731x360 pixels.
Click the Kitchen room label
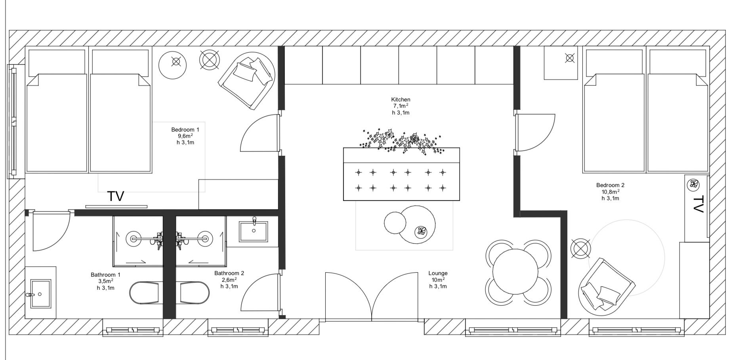pos(401,100)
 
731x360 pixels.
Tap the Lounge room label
pos(438,273)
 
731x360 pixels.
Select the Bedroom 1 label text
pos(185,130)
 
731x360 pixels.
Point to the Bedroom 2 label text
pos(610,185)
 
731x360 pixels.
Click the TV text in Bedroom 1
pos(116,196)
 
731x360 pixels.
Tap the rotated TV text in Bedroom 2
pos(698,204)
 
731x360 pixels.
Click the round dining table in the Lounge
pos(515,272)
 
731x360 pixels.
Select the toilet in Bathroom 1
pos(146,293)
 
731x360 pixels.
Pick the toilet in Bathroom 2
pos(195,293)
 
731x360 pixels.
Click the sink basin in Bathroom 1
pos(41,294)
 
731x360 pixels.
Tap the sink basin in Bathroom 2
pos(253,232)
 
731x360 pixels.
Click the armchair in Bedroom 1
pos(247,80)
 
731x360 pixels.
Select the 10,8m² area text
pos(610,192)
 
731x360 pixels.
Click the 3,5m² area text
pos(105,281)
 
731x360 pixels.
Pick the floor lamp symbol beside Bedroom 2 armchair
pos(580,249)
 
